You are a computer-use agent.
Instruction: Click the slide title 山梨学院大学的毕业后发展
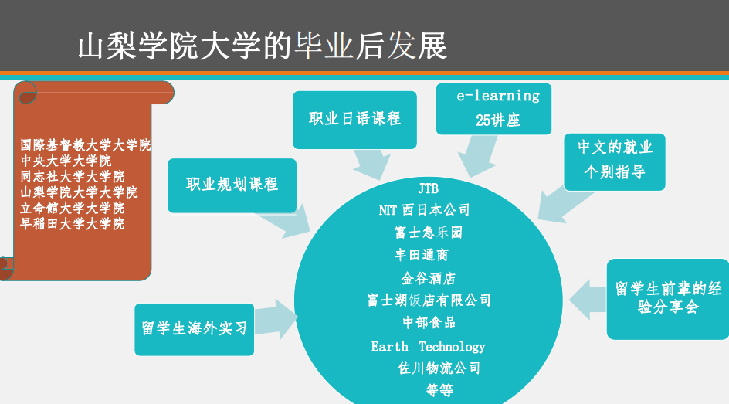pos(263,46)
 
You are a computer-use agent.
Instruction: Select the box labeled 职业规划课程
pos(232,185)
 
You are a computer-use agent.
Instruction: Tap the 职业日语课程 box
pos(354,120)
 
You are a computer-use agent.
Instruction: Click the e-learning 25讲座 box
pos(493,109)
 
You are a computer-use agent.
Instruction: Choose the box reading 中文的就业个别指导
pos(615,161)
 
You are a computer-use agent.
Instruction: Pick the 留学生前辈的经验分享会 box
pos(668,299)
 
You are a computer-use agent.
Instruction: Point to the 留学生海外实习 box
pos(195,330)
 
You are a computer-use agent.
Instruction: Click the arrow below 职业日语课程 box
pos(373,164)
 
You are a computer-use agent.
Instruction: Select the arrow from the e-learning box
pos(477,156)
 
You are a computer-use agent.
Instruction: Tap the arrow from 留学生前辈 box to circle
pos(588,300)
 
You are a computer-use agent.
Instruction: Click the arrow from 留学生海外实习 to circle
pos(276,318)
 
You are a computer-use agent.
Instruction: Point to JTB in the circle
pos(428,188)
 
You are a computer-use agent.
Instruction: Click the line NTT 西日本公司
pos(424,210)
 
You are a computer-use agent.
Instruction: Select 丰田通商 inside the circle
pos(421,255)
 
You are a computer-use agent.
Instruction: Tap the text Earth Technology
pos(428,347)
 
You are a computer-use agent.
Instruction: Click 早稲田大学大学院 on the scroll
pos(73,223)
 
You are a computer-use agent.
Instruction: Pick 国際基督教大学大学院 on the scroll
pos(86,145)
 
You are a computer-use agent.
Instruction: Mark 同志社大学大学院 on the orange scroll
pos(73,177)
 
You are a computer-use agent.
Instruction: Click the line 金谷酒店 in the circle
pos(428,279)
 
